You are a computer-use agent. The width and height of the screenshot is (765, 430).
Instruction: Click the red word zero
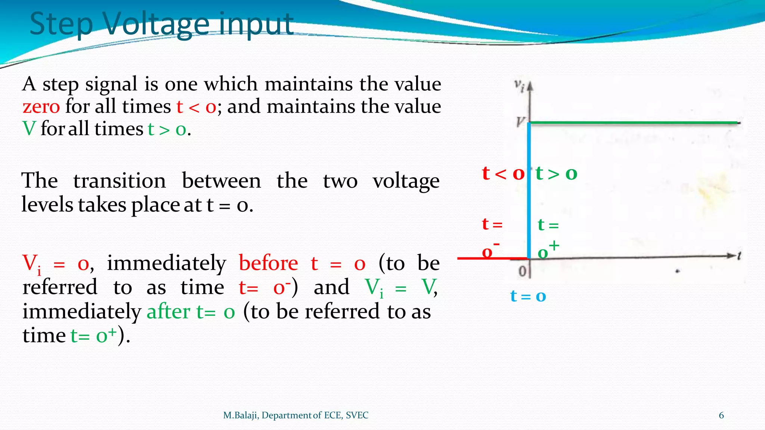pyautogui.click(x=41, y=107)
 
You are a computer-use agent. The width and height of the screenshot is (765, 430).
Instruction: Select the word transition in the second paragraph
pyautogui.click(x=120, y=181)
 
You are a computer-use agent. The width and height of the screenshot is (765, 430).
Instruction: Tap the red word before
pyautogui.click(x=268, y=264)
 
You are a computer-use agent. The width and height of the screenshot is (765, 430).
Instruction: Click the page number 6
pyautogui.click(x=721, y=415)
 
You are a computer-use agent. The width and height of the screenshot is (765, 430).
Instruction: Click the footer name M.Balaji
pyautogui.click(x=241, y=415)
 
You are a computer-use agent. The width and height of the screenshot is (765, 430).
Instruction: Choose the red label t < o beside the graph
pyautogui.click(x=503, y=174)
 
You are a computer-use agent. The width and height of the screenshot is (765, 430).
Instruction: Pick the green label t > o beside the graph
pyautogui.click(x=556, y=174)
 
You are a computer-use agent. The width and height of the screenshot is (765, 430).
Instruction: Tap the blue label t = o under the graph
pyautogui.click(x=528, y=296)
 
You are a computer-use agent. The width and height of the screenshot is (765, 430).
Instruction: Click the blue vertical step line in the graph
pyautogui.click(x=529, y=190)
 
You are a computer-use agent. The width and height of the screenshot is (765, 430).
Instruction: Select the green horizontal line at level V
pyautogui.click(x=635, y=122)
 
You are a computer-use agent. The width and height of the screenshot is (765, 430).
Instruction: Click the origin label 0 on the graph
pyautogui.click(x=523, y=271)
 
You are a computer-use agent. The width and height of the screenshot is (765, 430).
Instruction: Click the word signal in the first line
pyautogui.click(x=111, y=84)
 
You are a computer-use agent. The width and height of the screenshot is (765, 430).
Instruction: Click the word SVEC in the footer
pyautogui.click(x=357, y=415)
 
